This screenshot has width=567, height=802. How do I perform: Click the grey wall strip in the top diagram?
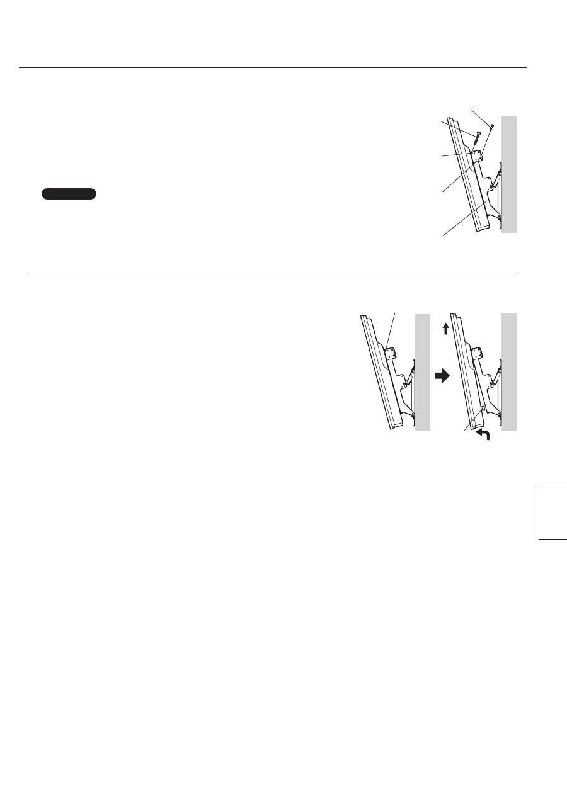pos(509,174)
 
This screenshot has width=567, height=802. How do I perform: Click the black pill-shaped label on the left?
pos(69,193)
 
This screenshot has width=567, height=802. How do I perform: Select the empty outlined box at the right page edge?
pos(553,512)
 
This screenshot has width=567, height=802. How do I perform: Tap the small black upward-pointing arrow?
pos(445,328)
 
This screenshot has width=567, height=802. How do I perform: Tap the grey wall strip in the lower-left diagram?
pos(422,372)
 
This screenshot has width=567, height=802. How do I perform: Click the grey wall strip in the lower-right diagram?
pos(509,372)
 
